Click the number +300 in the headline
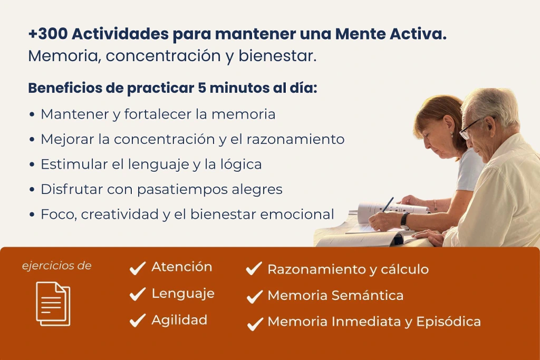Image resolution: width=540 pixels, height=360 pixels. click(x=48, y=34)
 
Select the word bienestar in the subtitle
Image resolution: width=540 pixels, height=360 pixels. click(x=277, y=56)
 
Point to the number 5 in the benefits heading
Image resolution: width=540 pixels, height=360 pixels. click(x=201, y=88)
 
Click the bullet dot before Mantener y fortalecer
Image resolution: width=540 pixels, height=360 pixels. click(x=32, y=114)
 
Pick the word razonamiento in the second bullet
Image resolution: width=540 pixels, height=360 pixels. click(x=295, y=139)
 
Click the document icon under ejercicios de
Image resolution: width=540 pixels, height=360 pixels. click(x=53, y=304)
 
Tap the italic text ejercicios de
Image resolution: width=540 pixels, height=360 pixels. click(x=57, y=266)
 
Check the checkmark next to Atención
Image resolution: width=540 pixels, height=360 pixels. click(x=138, y=268)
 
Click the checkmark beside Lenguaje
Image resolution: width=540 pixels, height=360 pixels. click(x=138, y=294)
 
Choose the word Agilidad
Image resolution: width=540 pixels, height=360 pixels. click(x=179, y=320)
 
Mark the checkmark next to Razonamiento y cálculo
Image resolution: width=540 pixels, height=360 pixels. click(x=254, y=268)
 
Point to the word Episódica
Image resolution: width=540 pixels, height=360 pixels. click(x=448, y=322)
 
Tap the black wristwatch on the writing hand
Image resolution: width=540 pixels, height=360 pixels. click(x=404, y=219)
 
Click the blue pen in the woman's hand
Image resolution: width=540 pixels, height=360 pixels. click(x=388, y=205)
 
